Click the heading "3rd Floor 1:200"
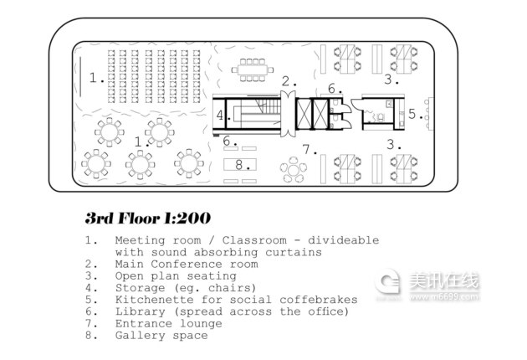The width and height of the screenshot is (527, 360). (x=148, y=218)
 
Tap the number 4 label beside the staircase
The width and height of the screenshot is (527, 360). (x=220, y=116)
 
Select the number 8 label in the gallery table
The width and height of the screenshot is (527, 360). (x=239, y=165)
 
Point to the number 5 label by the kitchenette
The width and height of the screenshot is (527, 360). (x=412, y=114)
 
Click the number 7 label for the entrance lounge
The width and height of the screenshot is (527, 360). (x=306, y=149)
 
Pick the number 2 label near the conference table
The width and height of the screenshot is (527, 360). (x=286, y=81)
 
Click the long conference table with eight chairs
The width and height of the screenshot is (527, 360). (x=253, y=70)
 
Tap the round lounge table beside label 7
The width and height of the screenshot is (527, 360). (x=294, y=170)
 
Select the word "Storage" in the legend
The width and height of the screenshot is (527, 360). (x=141, y=288)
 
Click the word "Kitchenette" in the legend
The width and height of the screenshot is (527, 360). (x=155, y=300)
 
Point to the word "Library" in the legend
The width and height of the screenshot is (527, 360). (x=141, y=311)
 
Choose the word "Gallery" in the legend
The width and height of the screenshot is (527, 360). (x=141, y=336)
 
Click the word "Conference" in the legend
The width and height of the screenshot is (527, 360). (x=187, y=264)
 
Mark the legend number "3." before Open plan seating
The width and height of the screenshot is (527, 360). (x=91, y=276)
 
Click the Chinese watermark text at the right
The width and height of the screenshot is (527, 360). (x=443, y=280)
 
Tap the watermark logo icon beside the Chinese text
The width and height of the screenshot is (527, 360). (x=387, y=281)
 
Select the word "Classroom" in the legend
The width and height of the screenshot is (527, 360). (x=254, y=240)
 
